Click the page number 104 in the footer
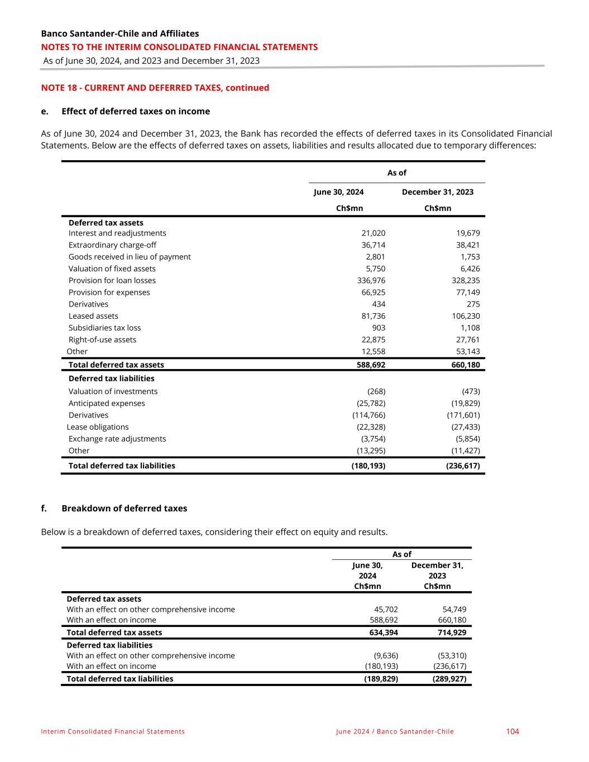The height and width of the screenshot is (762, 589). [x=513, y=731]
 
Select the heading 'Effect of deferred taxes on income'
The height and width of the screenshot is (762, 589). [x=136, y=111]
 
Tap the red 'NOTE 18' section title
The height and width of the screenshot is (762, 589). [x=155, y=88]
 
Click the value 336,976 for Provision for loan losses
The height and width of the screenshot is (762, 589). [x=371, y=280]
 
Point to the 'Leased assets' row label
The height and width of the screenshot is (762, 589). [x=93, y=316]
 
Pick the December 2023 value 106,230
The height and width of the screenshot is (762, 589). [x=466, y=316]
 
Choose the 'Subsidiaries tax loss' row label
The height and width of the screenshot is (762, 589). [x=104, y=328]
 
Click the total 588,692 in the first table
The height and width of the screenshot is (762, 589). [x=371, y=365]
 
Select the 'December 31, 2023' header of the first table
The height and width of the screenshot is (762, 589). [x=438, y=192]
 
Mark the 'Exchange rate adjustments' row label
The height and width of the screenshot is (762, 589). [x=117, y=439]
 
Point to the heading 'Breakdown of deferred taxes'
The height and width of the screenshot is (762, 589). [x=124, y=509]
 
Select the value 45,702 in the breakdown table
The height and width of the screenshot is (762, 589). [x=386, y=610]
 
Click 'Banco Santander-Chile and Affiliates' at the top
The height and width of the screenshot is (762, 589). [x=120, y=33]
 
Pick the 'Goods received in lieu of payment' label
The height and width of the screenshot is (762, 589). [x=130, y=257]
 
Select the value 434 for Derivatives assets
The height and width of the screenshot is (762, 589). [x=379, y=304]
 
